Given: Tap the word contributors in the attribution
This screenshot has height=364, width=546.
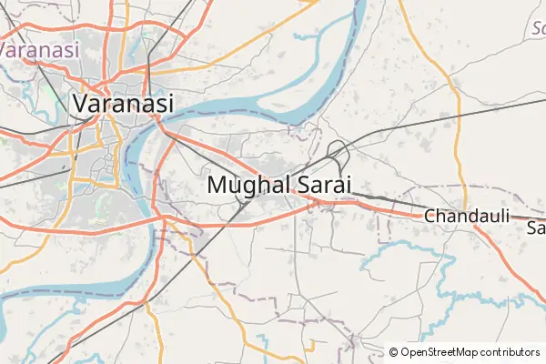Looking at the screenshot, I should coord(511,351).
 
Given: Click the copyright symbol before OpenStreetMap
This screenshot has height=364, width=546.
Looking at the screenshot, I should coord(393,351).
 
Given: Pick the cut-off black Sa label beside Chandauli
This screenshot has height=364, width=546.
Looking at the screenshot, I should coord(536,227).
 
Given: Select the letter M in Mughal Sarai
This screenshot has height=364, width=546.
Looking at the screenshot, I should coord(218,184).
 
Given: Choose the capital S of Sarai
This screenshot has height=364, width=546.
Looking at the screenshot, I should coord(303,184).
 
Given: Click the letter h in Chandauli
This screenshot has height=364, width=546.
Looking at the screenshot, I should coord(441,217).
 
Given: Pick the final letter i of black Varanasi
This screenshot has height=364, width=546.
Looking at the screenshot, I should coord(170,103).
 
